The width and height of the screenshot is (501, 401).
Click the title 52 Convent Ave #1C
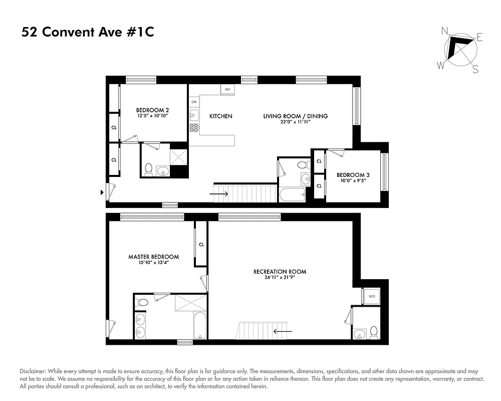(x=88, y=33)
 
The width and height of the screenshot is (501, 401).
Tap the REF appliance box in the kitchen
(x=227, y=89)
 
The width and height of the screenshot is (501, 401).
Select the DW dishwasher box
(x=194, y=102)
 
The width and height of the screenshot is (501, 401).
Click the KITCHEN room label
(x=221, y=116)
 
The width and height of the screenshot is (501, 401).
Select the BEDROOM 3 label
(x=353, y=174)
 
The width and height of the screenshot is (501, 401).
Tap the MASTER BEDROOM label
(x=153, y=257)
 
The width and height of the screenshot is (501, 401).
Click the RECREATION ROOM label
(x=280, y=272)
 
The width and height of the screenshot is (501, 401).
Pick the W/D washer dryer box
(x=372, y=297)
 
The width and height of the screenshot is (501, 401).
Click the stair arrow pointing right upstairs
(x=219, y=193)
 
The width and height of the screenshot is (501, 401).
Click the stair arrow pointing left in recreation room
(x=283, y=331)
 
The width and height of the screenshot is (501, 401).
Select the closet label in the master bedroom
(x=201, y=245)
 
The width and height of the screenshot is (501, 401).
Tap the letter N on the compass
(x=444, y=31)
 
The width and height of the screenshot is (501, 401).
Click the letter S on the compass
(x=475, y=70)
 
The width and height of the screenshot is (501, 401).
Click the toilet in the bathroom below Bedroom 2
(x=148, y=170)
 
